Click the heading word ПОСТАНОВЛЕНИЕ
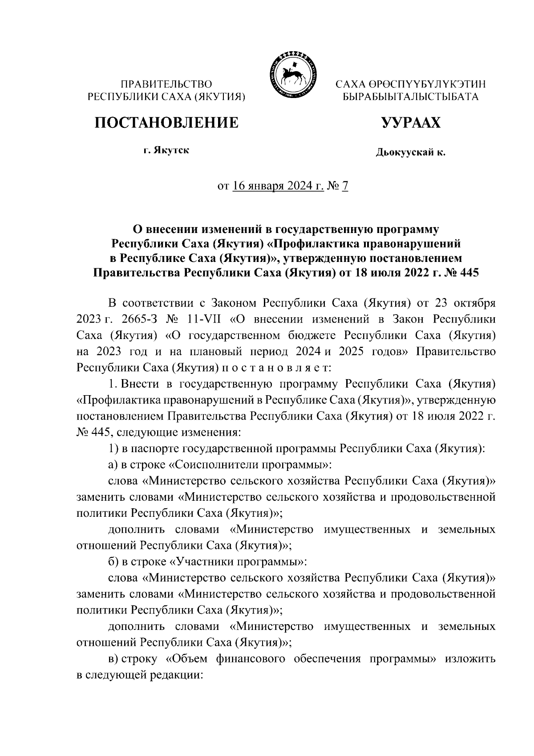pos(166,122)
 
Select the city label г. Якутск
pos(166,150)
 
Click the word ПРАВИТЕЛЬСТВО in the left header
pos(167,84)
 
